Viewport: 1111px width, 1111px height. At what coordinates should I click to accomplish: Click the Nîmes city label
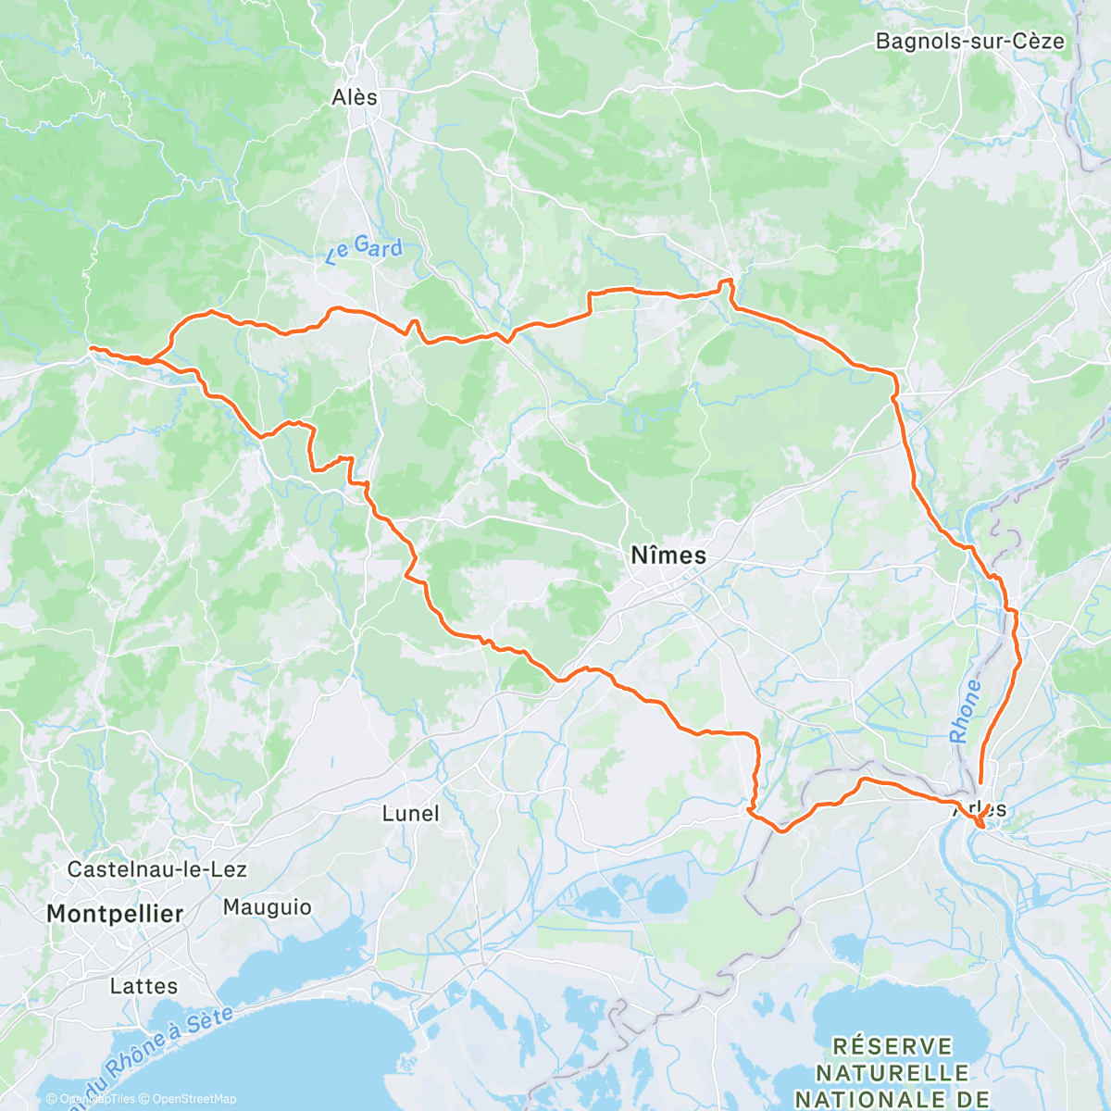(x=668, y=555)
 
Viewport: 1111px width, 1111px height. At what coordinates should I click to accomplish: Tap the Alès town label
(x=355, y=97)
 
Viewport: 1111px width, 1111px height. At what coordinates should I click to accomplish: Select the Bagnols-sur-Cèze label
(x=969, y=42)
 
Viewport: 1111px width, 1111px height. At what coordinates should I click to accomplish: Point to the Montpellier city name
(x=115, y=914)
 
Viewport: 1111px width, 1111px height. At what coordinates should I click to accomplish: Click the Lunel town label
(x=410, y=814)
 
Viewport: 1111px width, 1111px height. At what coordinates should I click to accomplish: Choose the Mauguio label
(x=267, y=907)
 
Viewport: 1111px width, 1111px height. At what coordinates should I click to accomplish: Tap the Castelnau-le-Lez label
(x=156, y=869)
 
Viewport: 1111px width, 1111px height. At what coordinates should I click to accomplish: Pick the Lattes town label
(x=144, y=986)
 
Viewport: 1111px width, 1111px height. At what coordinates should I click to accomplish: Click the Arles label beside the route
(x=980, y=808)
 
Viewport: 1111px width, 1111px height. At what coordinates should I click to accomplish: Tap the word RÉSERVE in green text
(x=893, y=1046)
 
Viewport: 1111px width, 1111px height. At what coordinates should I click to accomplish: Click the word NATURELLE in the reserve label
(x=893, y=1073)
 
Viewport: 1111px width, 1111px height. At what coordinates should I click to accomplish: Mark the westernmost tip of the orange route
(x=91, y=348)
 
